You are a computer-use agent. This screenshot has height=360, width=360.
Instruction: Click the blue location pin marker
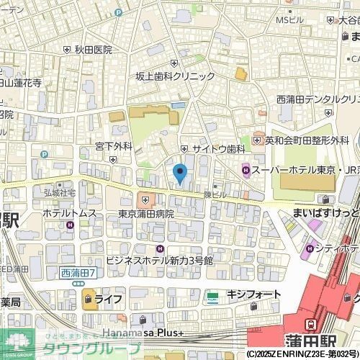coord(180,173)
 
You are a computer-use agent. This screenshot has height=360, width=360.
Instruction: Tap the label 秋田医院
coord(94,50)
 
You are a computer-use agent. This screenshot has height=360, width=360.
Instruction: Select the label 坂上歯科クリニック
coord(176,76)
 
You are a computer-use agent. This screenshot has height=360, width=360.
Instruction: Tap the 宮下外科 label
coord(114,146)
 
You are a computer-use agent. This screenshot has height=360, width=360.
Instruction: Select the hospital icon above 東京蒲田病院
coord(145,199)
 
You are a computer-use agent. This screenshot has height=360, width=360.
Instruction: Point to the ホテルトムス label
coord(69,214)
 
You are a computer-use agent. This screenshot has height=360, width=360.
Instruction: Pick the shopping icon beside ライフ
coord(89,299)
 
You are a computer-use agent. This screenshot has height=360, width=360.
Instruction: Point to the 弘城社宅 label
coord(59,193)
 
